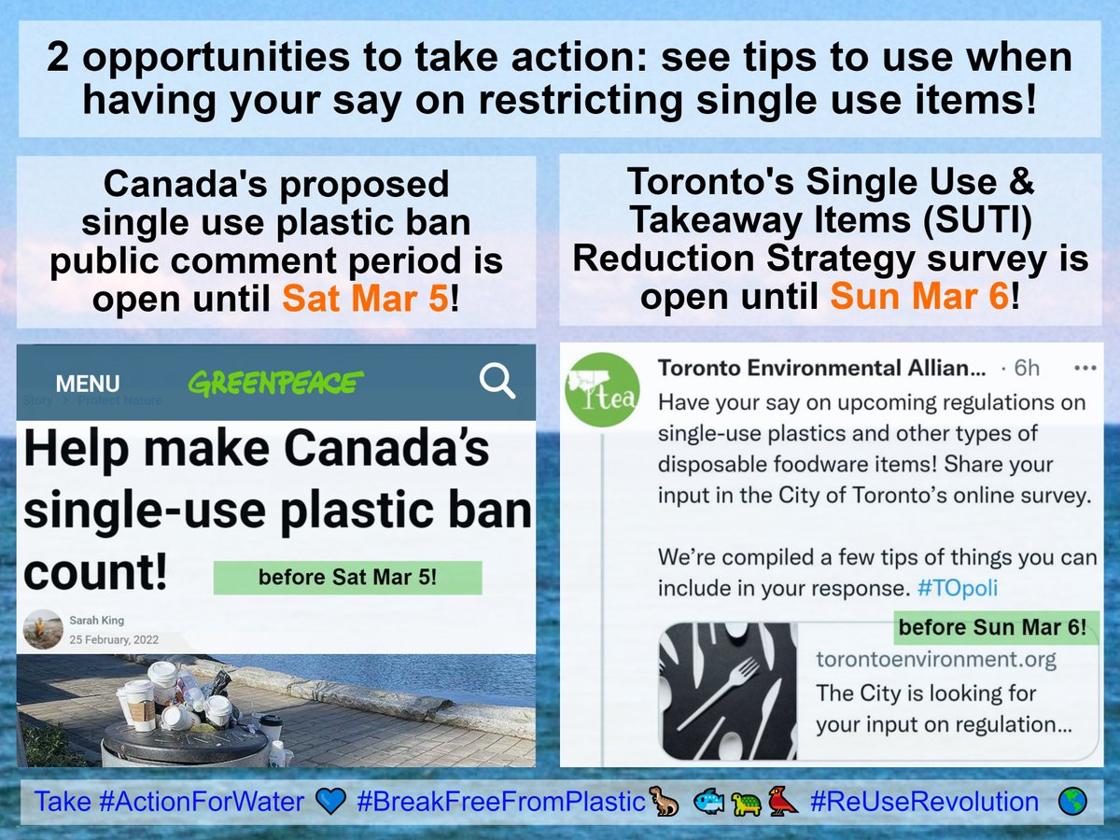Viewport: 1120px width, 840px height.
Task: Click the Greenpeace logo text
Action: pyautogui.click(x=275, y=383)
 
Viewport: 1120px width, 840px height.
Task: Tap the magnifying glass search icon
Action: pyautogui.click(x=497, y=381)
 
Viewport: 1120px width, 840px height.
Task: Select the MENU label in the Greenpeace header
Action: pyautogui.click(x=88, y=384)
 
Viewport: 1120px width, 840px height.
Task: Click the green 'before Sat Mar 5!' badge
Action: pyautogui.click(x=347, y=578)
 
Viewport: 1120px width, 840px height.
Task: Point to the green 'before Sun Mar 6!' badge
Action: pyautogui.click(x=992, y=628)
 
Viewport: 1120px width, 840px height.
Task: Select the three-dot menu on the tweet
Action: pyautogui.click(x=1085, y=368)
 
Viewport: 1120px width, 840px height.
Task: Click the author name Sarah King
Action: pyautogui.click(x=96, y=620)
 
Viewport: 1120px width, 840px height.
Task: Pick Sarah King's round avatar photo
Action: pyautogui.click(x=43, y=629)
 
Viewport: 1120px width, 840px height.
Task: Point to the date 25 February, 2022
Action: pyautogui.click(x=114, y=640)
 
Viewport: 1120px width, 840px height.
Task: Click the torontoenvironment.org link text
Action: pyautogui.click(x=935, y=660)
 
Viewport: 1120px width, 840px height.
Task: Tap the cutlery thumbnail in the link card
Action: pyautogui.click(x=728, y=691)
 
